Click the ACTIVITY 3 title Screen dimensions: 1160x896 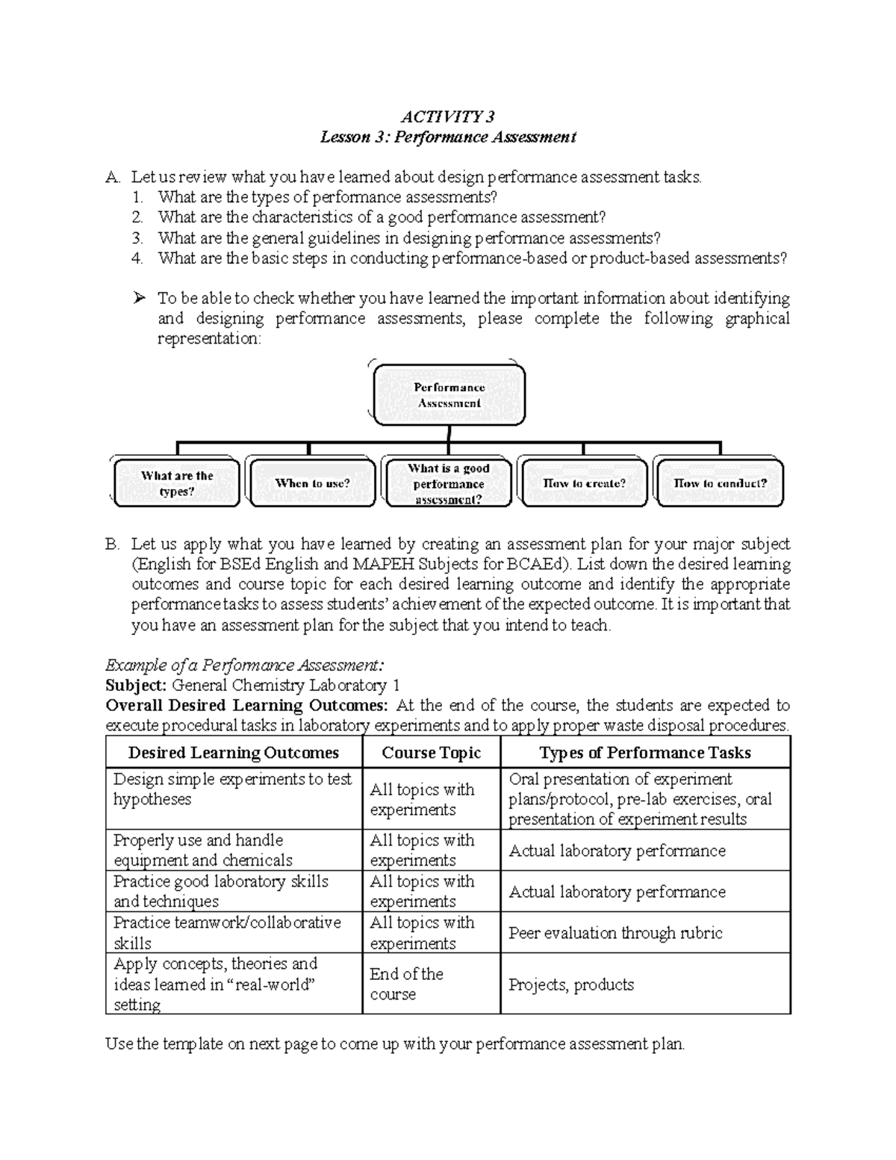(x=447, y=117)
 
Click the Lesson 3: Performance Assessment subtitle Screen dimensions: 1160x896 (x=448, y=137)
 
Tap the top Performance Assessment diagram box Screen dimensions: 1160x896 (x=449, y=395)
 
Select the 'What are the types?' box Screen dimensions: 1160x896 (x=177, y=483)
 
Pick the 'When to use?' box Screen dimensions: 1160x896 (x=312, y=483)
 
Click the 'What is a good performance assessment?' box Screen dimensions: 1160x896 (x=448, y=483)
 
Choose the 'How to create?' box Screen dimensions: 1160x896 (x=584, y=483)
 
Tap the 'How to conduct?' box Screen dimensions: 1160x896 (x=720, y=483)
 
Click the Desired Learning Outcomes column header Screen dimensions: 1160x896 (x=234, y=753)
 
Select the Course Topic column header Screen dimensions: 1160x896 (x=431, y=753)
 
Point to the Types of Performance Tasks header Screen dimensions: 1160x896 (x=645, y=753)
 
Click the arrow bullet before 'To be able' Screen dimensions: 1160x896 (x=138, y=299)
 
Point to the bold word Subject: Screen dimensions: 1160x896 (x=136, y=686)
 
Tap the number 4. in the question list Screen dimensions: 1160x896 (x=137, y=258)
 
